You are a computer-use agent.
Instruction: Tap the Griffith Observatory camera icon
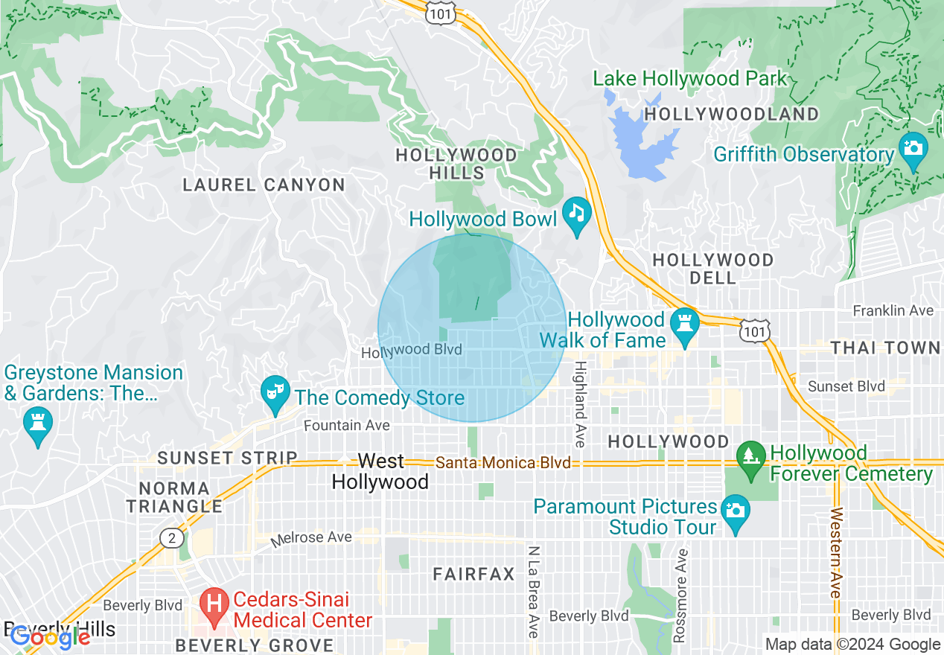pyautogui.click(x=913, y=147)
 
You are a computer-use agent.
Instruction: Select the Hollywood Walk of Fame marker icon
pyautogui.click(x=683, y=324)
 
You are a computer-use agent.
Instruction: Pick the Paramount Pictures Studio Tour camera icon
pyautogui.click(x=736, y=511)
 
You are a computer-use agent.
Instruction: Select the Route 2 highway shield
pyautogui.click(x=170, y=537)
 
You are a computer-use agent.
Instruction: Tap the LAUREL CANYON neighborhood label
pyautogui.click(x=264, y=185)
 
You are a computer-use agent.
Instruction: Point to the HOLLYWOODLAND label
pyautogui.click(x=731, y=115)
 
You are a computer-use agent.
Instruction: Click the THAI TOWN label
pyautogui.click(x=885, y=348)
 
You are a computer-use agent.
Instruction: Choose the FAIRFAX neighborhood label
pyautogui.click(x=474, y=574)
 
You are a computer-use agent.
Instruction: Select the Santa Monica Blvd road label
pyautogui.click(x=503, y=463)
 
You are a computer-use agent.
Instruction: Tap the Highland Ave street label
pyautogui.click(x=581, y=404)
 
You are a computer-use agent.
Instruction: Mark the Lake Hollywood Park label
pyautogui.click(x=689, y=78)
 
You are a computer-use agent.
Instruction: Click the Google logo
pyautogui.click(x=49, y=636)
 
